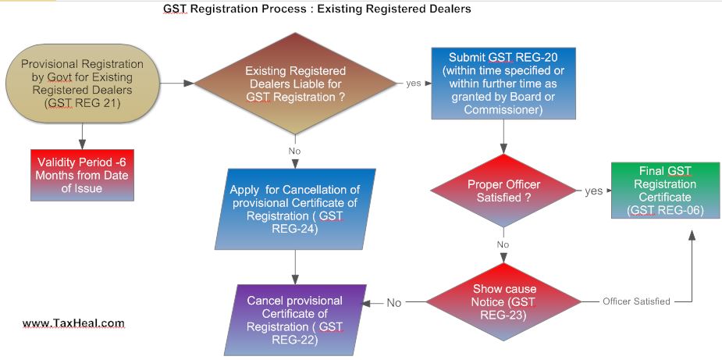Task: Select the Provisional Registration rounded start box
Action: click(83, 82)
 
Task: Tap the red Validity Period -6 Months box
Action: click(82, 174)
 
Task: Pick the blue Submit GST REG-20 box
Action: click(504, 84)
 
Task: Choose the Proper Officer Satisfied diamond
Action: click(503, 191)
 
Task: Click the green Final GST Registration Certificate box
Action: click(654, 191)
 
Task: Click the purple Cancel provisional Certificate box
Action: click(295, 319)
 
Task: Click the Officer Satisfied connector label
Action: click(636, 301)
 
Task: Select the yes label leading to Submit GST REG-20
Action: click(414, 83)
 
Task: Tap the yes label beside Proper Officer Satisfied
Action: click(593, 191)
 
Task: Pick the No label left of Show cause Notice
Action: click(395, 302)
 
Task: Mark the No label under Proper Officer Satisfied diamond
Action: click(503, 244)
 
